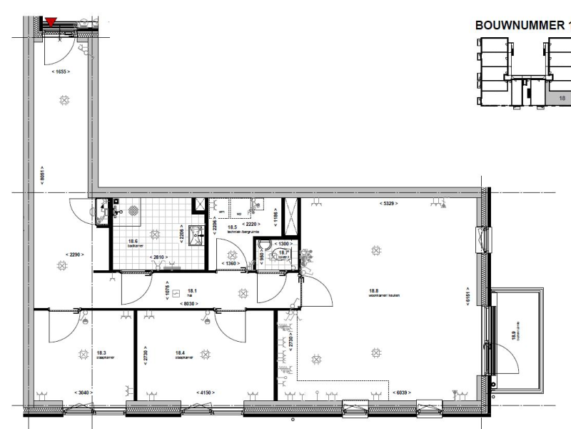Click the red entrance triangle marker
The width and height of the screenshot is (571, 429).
51,22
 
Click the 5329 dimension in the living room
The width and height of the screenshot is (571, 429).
388,204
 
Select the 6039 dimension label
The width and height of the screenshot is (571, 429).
402,392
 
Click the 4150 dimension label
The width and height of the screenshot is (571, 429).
208,392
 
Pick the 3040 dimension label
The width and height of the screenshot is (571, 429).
84,392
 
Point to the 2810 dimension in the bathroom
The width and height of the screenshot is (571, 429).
158,257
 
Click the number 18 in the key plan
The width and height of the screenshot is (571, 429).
562,98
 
